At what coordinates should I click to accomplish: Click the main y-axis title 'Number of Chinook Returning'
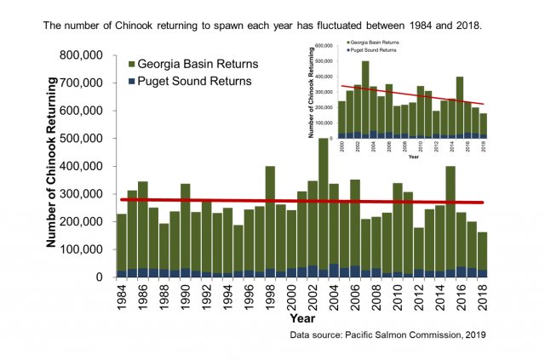coord(52,162)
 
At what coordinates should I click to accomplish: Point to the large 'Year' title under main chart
coord(302,317)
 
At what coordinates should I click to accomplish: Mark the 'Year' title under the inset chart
coord(414,156)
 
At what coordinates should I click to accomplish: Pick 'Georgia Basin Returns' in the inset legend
coord(375,43)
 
